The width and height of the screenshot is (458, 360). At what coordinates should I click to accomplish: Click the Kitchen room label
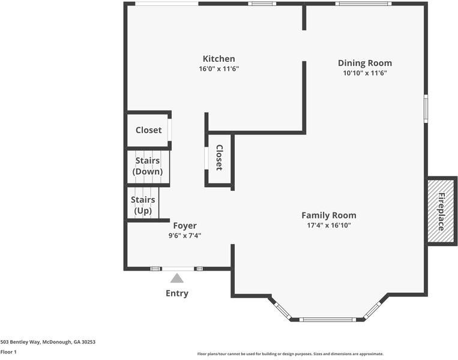point(218,59)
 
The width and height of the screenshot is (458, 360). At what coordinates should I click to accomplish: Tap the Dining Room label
point(364,63)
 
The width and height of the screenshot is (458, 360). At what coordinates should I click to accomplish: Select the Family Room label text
point(328,215)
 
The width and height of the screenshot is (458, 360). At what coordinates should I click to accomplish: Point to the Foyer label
point(185,226)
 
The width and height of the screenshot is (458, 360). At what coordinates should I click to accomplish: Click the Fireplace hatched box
point(441,211)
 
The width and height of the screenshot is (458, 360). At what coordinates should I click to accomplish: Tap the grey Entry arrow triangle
point(176,278)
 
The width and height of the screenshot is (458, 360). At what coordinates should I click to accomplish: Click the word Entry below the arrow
point(176,293)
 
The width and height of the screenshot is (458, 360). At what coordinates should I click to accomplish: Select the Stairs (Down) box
point(148,167)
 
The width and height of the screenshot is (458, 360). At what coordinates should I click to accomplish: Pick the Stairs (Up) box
point(143,205)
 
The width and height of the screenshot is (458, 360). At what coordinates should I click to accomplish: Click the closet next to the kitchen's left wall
point(148,130)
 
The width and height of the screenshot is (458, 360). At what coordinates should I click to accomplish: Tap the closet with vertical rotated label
point(219,158)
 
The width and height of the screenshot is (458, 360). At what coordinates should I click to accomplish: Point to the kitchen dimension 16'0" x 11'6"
point(218,69)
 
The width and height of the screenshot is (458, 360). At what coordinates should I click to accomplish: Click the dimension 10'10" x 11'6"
point(364,73)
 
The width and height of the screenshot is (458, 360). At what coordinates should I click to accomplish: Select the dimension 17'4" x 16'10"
point(328,226)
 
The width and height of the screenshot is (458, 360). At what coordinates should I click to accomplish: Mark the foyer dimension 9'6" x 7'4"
point(185,236)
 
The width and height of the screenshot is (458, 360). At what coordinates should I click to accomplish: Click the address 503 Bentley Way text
point(47,342)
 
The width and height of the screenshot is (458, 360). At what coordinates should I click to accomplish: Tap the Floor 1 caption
point(8,352)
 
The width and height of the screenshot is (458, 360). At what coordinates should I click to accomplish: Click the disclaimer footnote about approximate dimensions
point(290,354)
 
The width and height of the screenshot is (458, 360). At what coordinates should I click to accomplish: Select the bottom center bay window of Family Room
point(328,319)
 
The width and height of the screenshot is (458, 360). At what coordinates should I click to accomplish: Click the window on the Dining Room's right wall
point(426,108)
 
